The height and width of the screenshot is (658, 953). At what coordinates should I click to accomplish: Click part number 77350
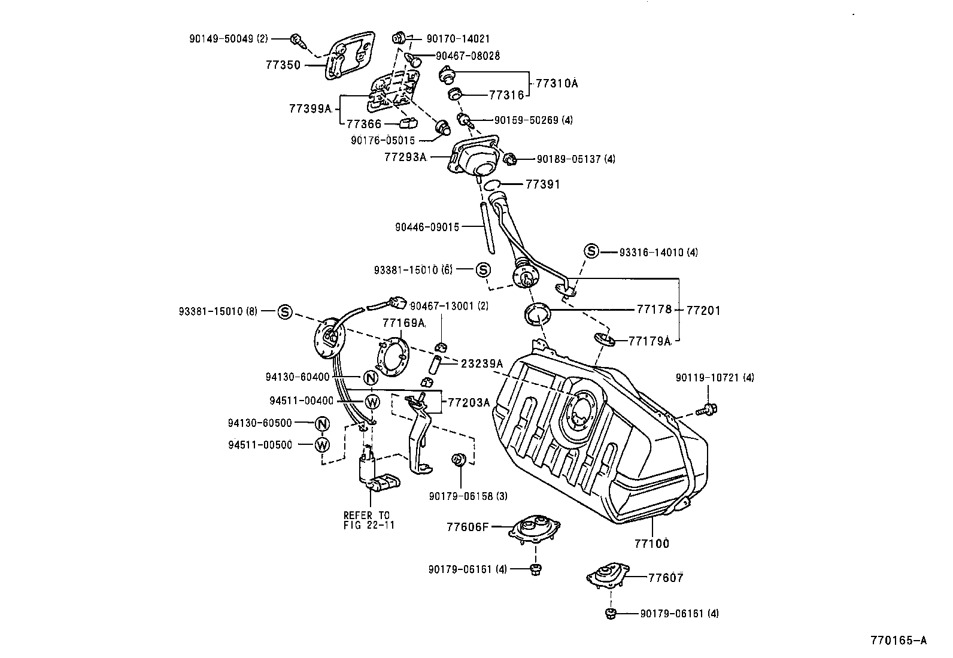click(283, 65)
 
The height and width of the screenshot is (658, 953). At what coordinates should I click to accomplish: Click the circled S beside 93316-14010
click(591, 251)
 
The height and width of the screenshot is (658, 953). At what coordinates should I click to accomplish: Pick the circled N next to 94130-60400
click(371, 378)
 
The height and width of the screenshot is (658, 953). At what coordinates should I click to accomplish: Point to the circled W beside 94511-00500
click(323, 444)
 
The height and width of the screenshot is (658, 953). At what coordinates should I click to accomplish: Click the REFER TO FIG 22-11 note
click(366, 520)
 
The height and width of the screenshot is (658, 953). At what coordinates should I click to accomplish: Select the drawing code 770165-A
click(899, 641)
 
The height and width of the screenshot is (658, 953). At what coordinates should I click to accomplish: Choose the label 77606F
click(468, 527)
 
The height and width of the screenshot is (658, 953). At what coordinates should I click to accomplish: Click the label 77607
click(666, 578)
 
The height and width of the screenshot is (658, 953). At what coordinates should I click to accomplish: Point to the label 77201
click(703, 310)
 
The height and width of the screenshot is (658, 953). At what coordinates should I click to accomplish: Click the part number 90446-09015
click(427, 227)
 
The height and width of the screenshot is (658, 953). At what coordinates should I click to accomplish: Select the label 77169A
click(403, 323)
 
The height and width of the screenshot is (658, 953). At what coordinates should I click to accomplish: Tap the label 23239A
click(482, 363)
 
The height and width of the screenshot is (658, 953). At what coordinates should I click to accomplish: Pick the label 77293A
click(405, 157)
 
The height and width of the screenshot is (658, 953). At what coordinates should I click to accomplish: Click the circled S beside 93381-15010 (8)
click(286, 311)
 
